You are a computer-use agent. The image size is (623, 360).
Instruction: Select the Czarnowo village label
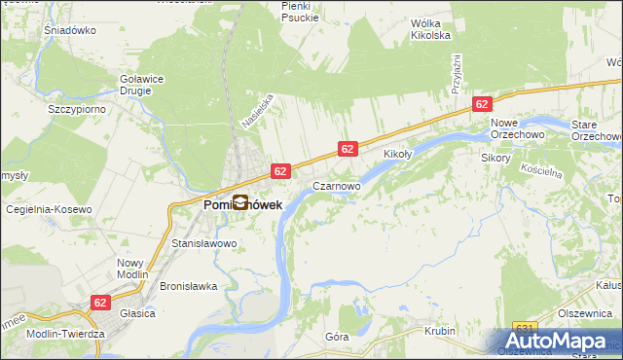(x=337, y=184)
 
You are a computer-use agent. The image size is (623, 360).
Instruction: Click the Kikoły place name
(x=398, y=155)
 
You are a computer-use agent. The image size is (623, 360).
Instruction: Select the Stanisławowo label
(x=204, y=243)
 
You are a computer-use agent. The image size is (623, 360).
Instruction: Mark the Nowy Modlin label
(x=130, y=269)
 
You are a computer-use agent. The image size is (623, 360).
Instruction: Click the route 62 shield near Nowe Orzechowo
(x=482, y=103)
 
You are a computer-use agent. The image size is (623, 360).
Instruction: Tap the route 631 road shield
(x=525, y=327)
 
